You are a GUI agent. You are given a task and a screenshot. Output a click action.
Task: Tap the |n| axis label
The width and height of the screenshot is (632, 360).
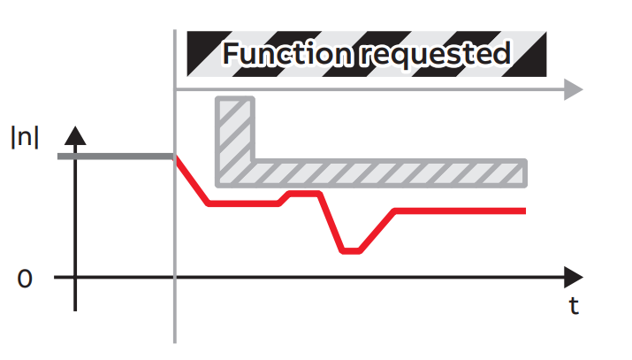click(25, 138)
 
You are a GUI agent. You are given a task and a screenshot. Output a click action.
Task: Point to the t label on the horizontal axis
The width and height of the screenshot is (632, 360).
click(574, 306)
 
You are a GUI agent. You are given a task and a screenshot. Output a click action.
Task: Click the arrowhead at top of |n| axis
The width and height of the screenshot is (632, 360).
click(77, 135)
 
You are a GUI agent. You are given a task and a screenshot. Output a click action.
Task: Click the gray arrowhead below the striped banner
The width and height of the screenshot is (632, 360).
click(573, 89)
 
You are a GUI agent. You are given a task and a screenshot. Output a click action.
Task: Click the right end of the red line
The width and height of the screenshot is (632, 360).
click(524, 211)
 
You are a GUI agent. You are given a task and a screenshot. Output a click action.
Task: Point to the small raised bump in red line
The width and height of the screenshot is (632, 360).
click(303, 192)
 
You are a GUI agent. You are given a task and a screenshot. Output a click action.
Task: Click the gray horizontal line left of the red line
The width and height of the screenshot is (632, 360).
click(116, 157)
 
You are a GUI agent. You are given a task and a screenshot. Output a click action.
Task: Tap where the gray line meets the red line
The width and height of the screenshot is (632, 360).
click(176, 157)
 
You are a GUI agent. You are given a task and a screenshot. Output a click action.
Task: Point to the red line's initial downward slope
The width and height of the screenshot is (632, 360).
click(193, 181)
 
